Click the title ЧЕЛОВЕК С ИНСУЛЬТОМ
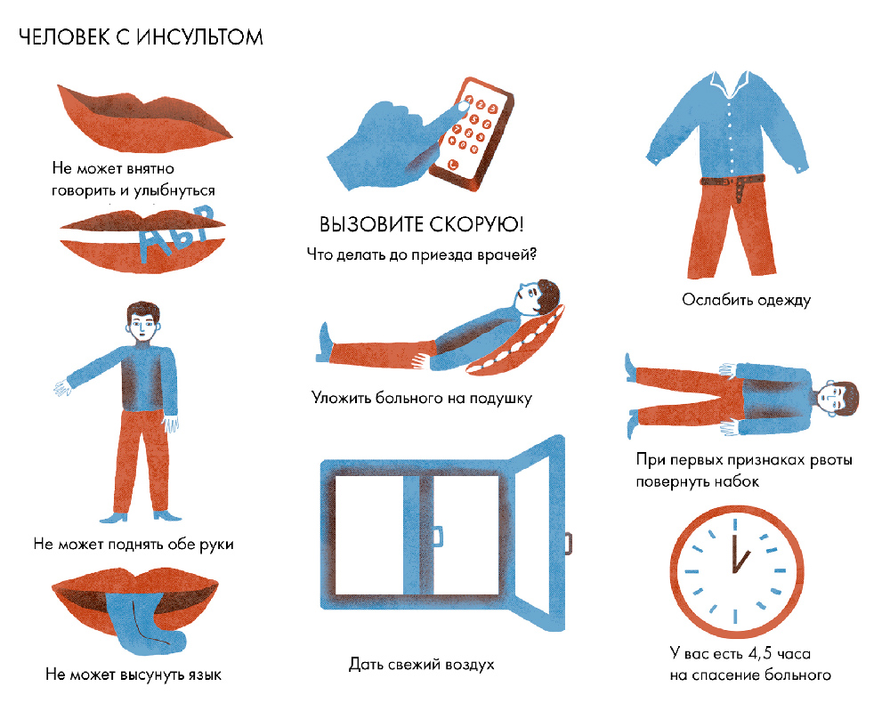click(141, 37)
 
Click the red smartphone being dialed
click(471, 133)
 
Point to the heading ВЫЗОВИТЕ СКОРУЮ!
click(421, 224)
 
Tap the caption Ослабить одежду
click(746, 300)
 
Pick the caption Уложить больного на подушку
click(421, 398)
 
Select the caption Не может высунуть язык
click(133, 675)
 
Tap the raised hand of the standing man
click(62, 388)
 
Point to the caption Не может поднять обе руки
click(133, 545)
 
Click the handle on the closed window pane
click(438, 537)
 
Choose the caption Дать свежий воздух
click(421, 664)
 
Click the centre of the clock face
click(736, 570)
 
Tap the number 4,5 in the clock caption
click(760, 654)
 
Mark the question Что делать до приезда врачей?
click(421, 255)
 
